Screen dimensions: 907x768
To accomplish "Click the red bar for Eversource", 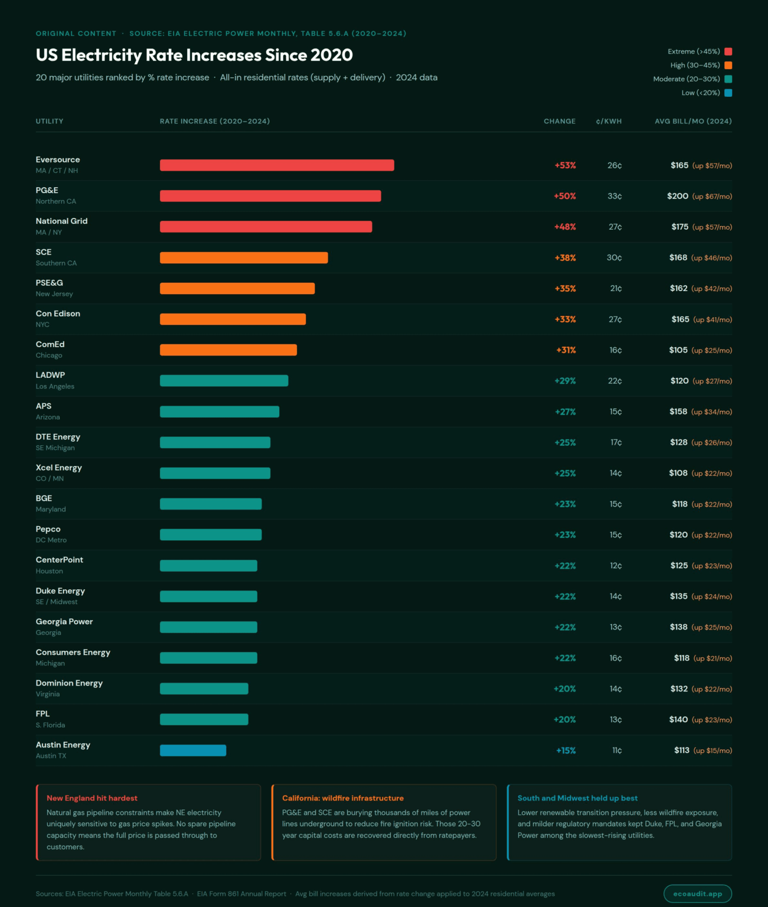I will point(277,165).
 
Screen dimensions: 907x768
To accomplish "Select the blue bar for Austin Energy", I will point(193,751).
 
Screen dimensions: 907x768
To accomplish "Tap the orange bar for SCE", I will point(244,257).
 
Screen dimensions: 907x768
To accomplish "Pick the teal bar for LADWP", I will point(224,381).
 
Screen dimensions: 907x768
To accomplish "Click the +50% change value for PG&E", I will point(564,196).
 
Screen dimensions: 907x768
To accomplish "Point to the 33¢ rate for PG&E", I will point(615,196).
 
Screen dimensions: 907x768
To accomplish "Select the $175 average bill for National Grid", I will point(679,227).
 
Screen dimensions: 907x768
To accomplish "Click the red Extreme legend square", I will point(728,51).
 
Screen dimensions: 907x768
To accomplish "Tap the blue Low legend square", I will point(728,93).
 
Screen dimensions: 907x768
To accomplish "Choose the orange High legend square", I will point(728,65).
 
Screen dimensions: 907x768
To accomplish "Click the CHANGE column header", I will point(559,121).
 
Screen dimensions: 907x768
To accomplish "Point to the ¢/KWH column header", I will point(609,121).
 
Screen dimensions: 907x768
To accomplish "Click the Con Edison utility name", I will point(58,314).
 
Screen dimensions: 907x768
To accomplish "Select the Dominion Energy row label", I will point(69,683).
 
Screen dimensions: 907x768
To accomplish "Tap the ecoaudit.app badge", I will point(697,893).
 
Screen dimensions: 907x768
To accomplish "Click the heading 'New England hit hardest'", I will point(92,798).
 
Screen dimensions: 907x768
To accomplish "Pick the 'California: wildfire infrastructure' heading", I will point(343,798).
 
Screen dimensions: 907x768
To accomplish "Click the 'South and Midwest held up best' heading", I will point(577,798).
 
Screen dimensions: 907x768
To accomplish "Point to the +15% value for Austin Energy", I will point(566,751).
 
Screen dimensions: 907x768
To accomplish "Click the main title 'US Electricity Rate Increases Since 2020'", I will point(194,55).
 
